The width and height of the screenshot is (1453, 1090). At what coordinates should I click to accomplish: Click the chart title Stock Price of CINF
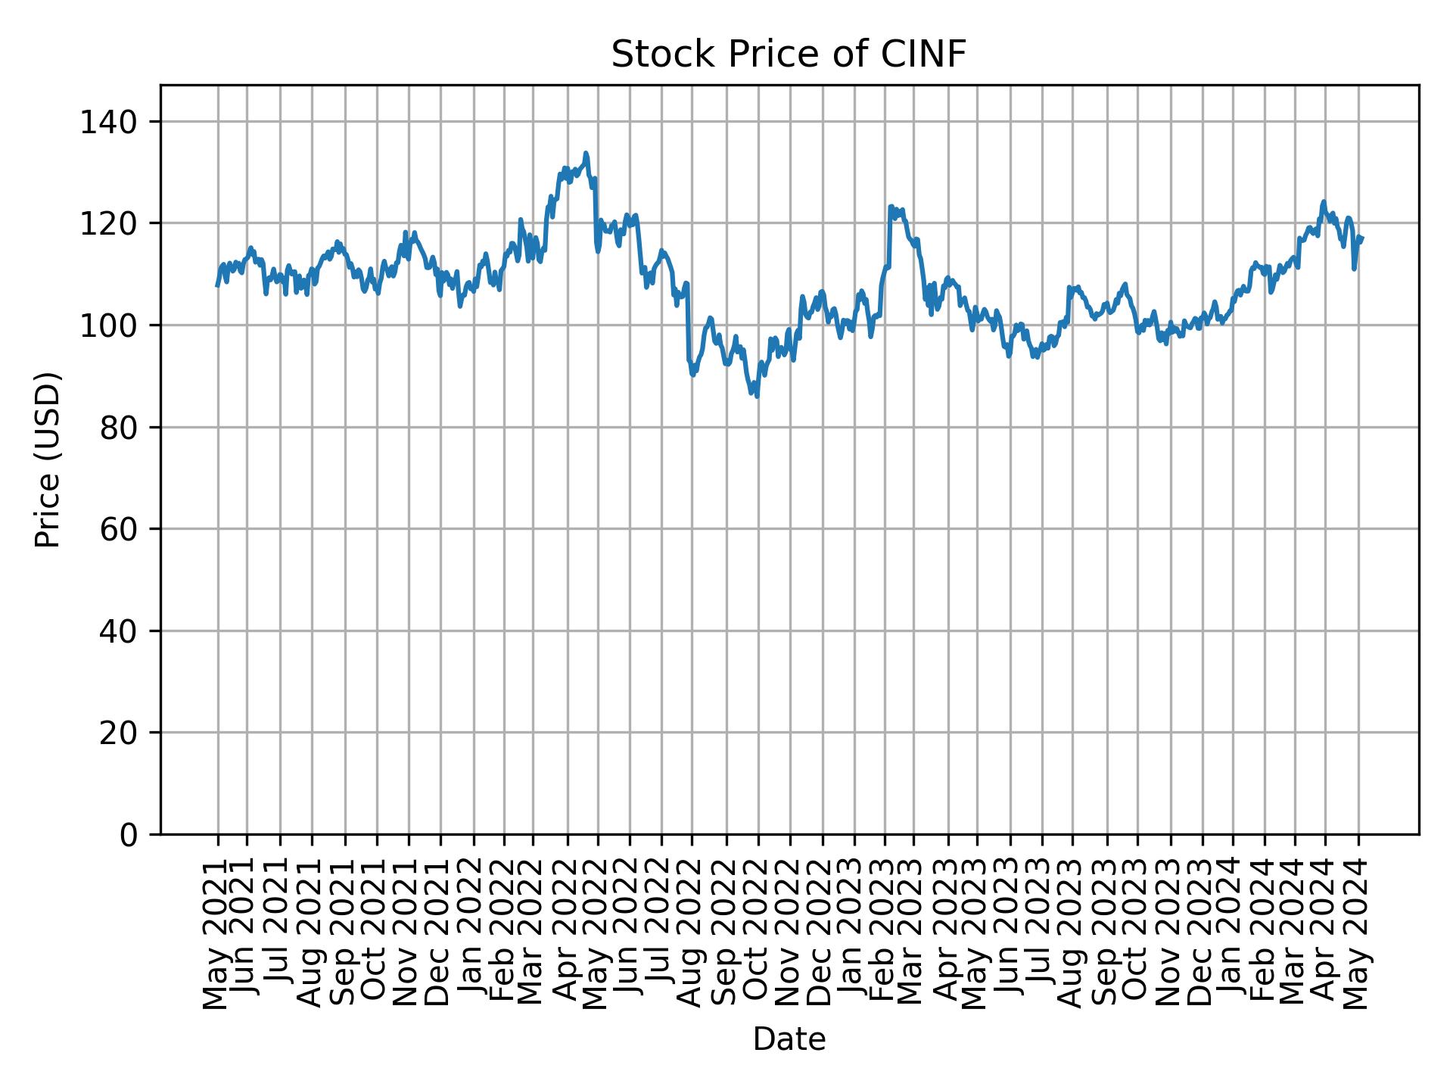point(789,54)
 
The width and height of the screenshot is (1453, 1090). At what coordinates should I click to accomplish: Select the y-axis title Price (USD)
point(48,459)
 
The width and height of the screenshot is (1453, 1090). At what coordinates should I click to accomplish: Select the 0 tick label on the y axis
point(127,834)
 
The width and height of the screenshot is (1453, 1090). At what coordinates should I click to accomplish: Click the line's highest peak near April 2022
point(586,153)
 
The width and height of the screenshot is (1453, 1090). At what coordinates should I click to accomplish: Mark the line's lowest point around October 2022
point(757,396)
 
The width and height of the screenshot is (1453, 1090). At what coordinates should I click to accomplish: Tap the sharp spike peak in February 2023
point(891,206)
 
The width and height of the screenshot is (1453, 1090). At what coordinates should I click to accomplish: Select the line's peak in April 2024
point(1324,201)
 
